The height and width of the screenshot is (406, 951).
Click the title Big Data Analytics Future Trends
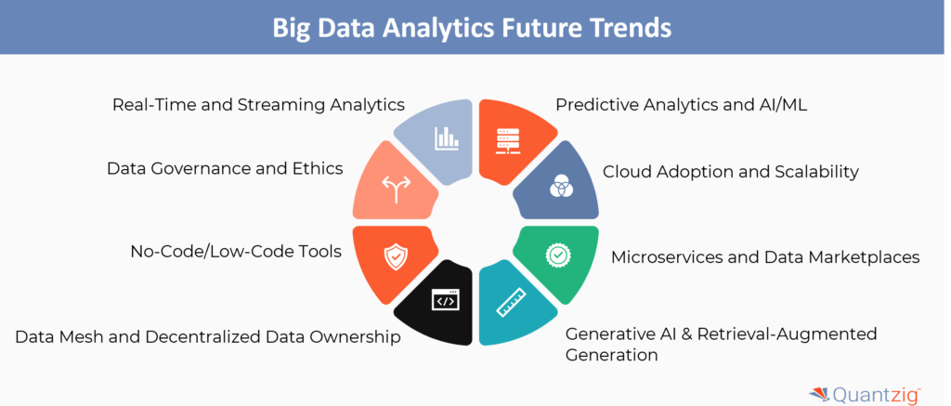coord(472,28)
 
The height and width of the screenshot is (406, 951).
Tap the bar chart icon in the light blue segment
coord(447,138)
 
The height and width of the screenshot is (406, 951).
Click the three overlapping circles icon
coord(558,188)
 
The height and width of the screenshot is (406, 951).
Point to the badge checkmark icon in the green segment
coord(556,255)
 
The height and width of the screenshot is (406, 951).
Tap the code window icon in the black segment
coord(446,300)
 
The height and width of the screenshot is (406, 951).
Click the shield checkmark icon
coord(395,258)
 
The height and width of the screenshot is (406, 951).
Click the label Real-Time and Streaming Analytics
coord(258,105)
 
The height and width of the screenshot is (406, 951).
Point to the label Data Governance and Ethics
coord(225,168)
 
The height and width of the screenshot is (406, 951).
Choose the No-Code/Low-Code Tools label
coord(237,251)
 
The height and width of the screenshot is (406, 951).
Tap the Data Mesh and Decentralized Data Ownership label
coord(207,337)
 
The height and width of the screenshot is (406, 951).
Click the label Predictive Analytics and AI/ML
coord(681,105)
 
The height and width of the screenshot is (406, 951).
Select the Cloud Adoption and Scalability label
coord(730,172)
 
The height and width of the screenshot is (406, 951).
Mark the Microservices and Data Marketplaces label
coord(765,256)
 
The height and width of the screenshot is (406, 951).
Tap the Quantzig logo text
coord(878,395)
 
